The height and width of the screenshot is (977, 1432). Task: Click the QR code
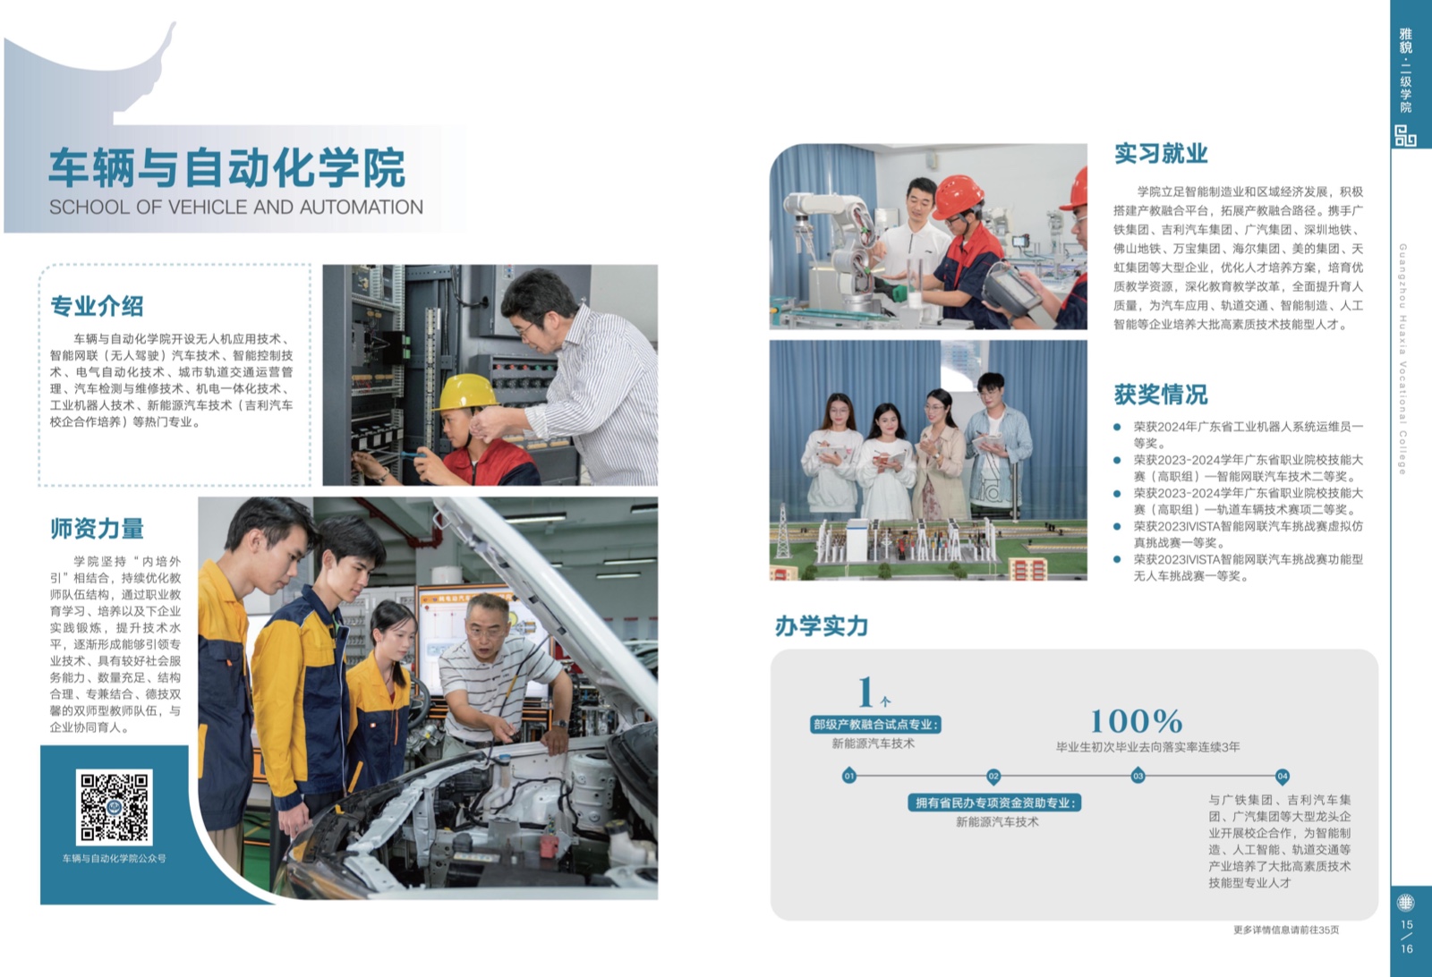114,807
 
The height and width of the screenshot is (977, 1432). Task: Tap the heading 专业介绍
97,306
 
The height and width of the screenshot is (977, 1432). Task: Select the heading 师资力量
97,529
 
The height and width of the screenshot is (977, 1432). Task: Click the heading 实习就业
1160,153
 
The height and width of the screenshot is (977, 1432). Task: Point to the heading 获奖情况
1160,395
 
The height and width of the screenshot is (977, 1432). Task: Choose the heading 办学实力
822,625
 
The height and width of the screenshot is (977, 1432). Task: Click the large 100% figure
1136,721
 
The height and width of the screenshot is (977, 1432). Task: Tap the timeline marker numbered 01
849,777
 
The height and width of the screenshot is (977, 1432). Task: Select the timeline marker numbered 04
1282,777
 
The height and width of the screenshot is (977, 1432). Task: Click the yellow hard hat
466,391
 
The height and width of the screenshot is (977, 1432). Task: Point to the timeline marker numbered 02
993,777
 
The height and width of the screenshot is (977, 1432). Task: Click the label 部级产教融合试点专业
875,725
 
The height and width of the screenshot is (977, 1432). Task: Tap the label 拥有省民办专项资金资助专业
994,803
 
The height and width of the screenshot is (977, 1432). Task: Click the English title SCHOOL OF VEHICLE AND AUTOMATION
236,207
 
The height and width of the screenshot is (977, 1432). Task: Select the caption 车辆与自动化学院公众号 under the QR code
114,858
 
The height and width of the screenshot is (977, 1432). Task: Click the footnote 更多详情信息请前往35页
1285,930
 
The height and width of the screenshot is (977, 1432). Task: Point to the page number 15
1406,924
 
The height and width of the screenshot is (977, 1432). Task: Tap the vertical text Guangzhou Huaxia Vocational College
1402,359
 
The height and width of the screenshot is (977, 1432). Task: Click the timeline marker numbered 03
1138,777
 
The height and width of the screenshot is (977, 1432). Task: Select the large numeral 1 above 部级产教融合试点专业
866,692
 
